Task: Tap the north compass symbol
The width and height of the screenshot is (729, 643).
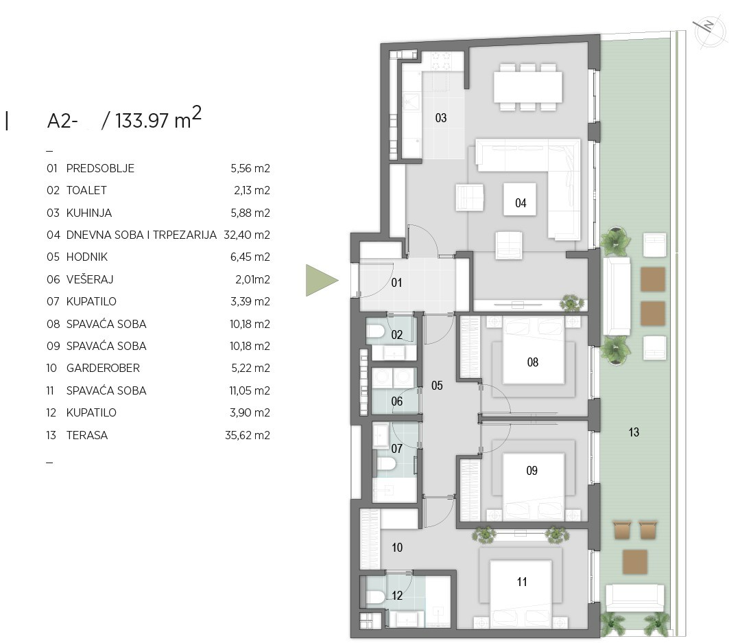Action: tap(709, 33)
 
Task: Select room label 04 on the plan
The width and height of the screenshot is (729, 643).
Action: tap(521, 203)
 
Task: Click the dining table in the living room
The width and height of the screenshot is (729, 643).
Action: tap(527, 87)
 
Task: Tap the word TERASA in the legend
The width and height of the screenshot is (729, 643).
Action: tap(87, 435)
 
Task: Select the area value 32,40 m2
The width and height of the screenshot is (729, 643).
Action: tap(247, 235)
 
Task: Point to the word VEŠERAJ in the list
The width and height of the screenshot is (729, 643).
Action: tap(90, 279)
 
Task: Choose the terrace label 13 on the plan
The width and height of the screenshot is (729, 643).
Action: tap(634, 432)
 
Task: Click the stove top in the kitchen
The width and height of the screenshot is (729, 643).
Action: tap(441, 61)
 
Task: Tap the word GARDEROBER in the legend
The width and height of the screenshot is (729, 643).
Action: tap(103, 368)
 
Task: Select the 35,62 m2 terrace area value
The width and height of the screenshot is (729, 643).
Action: tap(248, 435)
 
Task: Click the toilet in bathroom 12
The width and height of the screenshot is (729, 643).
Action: tap(375, 597)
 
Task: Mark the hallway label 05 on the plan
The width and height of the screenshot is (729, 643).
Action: tap(437, 385)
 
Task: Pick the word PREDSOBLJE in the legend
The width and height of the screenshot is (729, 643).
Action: tap(100, 168)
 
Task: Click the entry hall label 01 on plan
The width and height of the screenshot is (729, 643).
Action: tap(396, 283)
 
